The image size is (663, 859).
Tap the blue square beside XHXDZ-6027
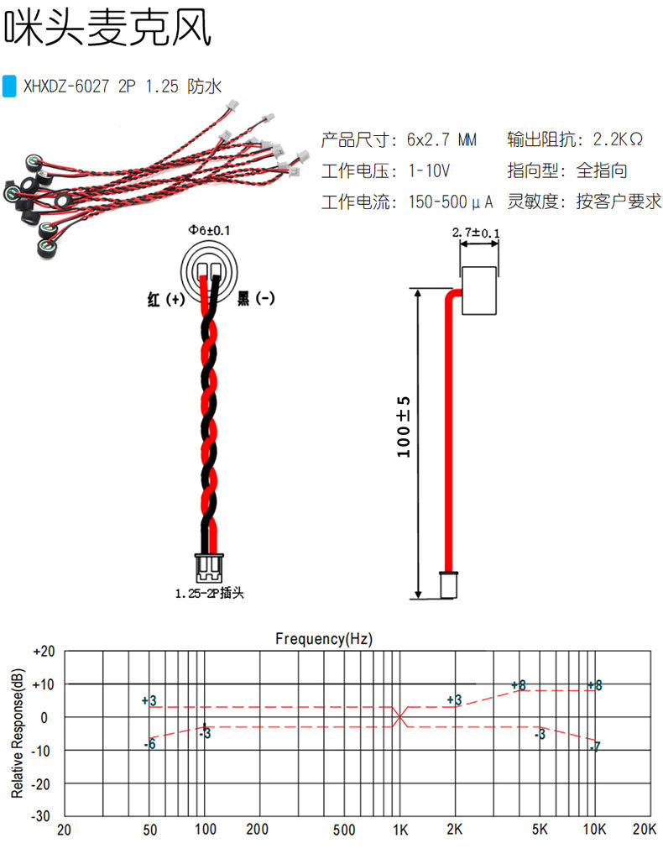(10, 86)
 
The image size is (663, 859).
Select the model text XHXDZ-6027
(66, 86)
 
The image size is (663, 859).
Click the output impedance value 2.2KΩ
(618, 138)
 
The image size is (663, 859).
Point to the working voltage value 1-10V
(430, 170)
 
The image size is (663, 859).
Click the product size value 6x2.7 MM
(441, 138)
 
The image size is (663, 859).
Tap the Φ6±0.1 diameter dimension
(210, 229)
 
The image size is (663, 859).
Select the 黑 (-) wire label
(256, 298)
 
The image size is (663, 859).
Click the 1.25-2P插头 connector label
(210, 594)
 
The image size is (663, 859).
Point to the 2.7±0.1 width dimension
(475, 233)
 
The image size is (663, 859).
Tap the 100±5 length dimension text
(405, 427)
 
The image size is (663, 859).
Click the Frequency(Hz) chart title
(324, 639)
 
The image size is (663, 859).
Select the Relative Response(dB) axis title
(18, 733)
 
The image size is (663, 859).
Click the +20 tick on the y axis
(43, 652)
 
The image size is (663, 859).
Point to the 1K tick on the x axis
(399, 830)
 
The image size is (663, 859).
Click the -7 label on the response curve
(595, 746)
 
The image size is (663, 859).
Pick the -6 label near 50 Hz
(149, 744)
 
